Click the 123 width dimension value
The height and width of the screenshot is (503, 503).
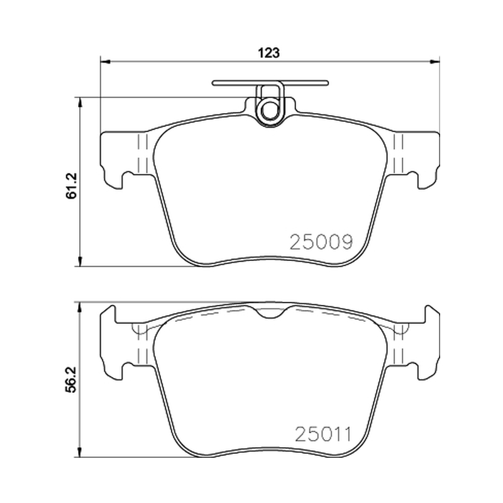[x=269, y=53]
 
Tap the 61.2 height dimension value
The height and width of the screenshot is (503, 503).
[x=72, y=185]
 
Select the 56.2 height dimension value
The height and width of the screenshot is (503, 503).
[x=70, y=380]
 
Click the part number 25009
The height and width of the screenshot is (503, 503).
[x=321, y=242]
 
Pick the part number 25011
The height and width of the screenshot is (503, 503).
[x=323, y=434]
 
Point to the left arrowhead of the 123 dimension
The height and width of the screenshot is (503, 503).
[x=106, y=61]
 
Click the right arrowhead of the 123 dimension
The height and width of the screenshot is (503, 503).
[x=434, y=61]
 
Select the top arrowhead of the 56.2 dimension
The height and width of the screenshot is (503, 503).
[x=79, y=307]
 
